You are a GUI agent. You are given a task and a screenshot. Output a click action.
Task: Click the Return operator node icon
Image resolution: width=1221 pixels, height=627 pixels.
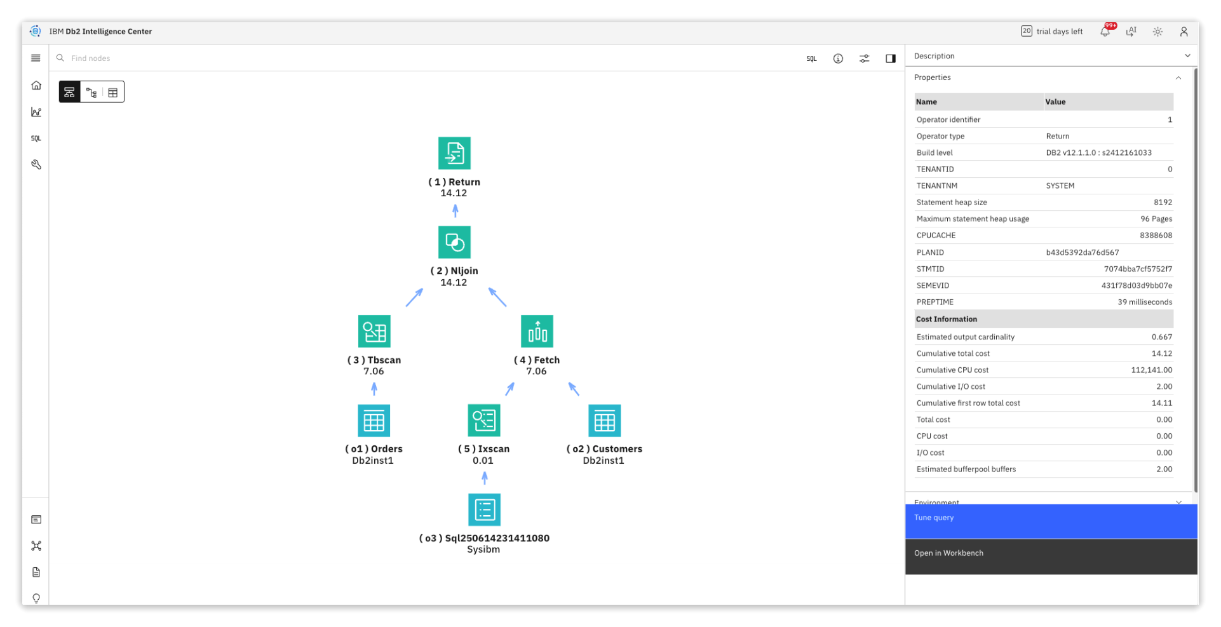(x=454, y=153)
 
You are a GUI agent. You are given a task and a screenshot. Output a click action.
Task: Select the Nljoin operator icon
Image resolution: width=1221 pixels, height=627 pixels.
(x=454, y=242)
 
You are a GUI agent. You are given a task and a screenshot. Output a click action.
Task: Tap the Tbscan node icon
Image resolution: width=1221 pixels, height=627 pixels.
(x=374, y=331)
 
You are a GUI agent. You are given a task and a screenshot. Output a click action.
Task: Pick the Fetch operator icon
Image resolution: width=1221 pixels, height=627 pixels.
(x=537, y=331)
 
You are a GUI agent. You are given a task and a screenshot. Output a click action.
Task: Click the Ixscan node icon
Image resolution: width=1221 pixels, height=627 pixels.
(x=484, y=421)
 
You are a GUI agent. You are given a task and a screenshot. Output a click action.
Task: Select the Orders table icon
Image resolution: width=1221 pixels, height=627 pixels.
(x=374, y=421)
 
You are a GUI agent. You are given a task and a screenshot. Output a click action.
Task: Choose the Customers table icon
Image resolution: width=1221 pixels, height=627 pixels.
(x=604, y=421)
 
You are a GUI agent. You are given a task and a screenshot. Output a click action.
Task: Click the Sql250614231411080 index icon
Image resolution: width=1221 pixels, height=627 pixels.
(x=484, y=509)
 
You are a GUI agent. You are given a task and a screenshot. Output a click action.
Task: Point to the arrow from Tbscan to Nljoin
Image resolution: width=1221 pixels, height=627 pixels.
(x=414, y=297)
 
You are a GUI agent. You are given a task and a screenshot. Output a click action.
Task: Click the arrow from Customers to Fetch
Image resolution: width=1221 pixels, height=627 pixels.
(x=574, y=389)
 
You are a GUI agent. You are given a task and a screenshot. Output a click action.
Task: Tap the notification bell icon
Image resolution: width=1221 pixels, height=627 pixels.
(x=1105, y=31)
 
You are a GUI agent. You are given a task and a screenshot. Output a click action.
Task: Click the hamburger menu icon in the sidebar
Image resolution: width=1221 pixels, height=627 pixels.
(x=36, y=58)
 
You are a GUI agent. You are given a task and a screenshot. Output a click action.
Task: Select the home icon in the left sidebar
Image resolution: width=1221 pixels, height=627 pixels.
(x=36, y=85)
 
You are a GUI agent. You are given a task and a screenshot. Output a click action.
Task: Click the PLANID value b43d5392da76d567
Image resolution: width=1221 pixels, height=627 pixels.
(x=1083, y=252)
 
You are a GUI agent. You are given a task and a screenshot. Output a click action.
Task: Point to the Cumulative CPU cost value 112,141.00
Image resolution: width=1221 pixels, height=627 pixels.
(x=1151, y=370)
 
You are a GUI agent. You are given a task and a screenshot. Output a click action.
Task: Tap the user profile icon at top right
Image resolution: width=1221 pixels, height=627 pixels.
(x=1184, y=31)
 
